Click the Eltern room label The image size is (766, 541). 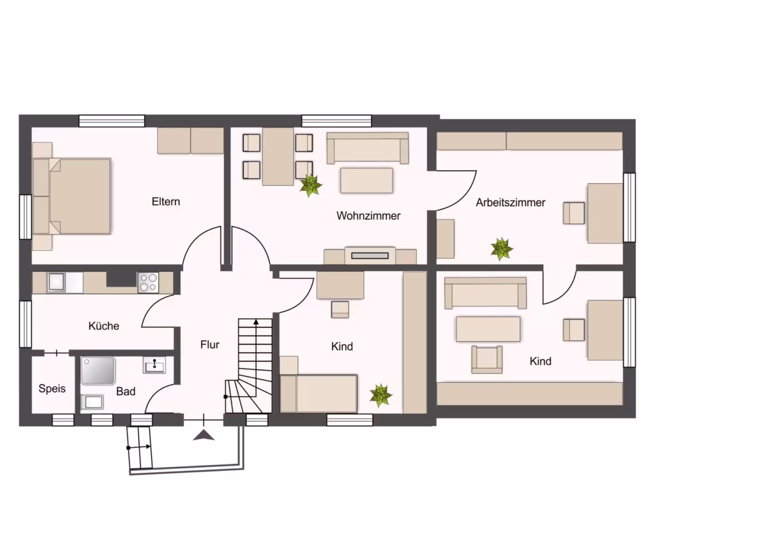(x=166, y=202)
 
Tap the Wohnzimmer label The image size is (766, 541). (x=368, y=216)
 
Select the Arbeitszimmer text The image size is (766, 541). (x=511, y=202)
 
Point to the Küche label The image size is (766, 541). (x=103, y=326)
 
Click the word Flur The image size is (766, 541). (x=209, y=345)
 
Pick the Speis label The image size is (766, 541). (x=52, y=389)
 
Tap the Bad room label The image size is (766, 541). (x=126, y=391)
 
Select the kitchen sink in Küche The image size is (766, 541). (x=56, y=282)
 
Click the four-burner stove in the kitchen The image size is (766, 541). (x=148, y=282)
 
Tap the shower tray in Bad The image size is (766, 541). (x=98, y=371)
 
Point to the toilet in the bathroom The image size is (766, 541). (x=92, y=402)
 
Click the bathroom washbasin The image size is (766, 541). (x=154, y=365)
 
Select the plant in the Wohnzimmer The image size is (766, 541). (x=310, y=186)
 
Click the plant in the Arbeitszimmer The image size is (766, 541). (x=502, y=249)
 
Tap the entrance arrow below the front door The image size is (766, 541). (x=204, y=435)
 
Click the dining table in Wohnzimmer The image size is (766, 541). (x=278, y=156)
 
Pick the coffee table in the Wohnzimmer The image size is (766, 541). (x=366, y=181)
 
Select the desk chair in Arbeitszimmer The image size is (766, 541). (x=574, y=213)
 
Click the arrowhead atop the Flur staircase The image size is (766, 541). (x=256, y=322)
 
